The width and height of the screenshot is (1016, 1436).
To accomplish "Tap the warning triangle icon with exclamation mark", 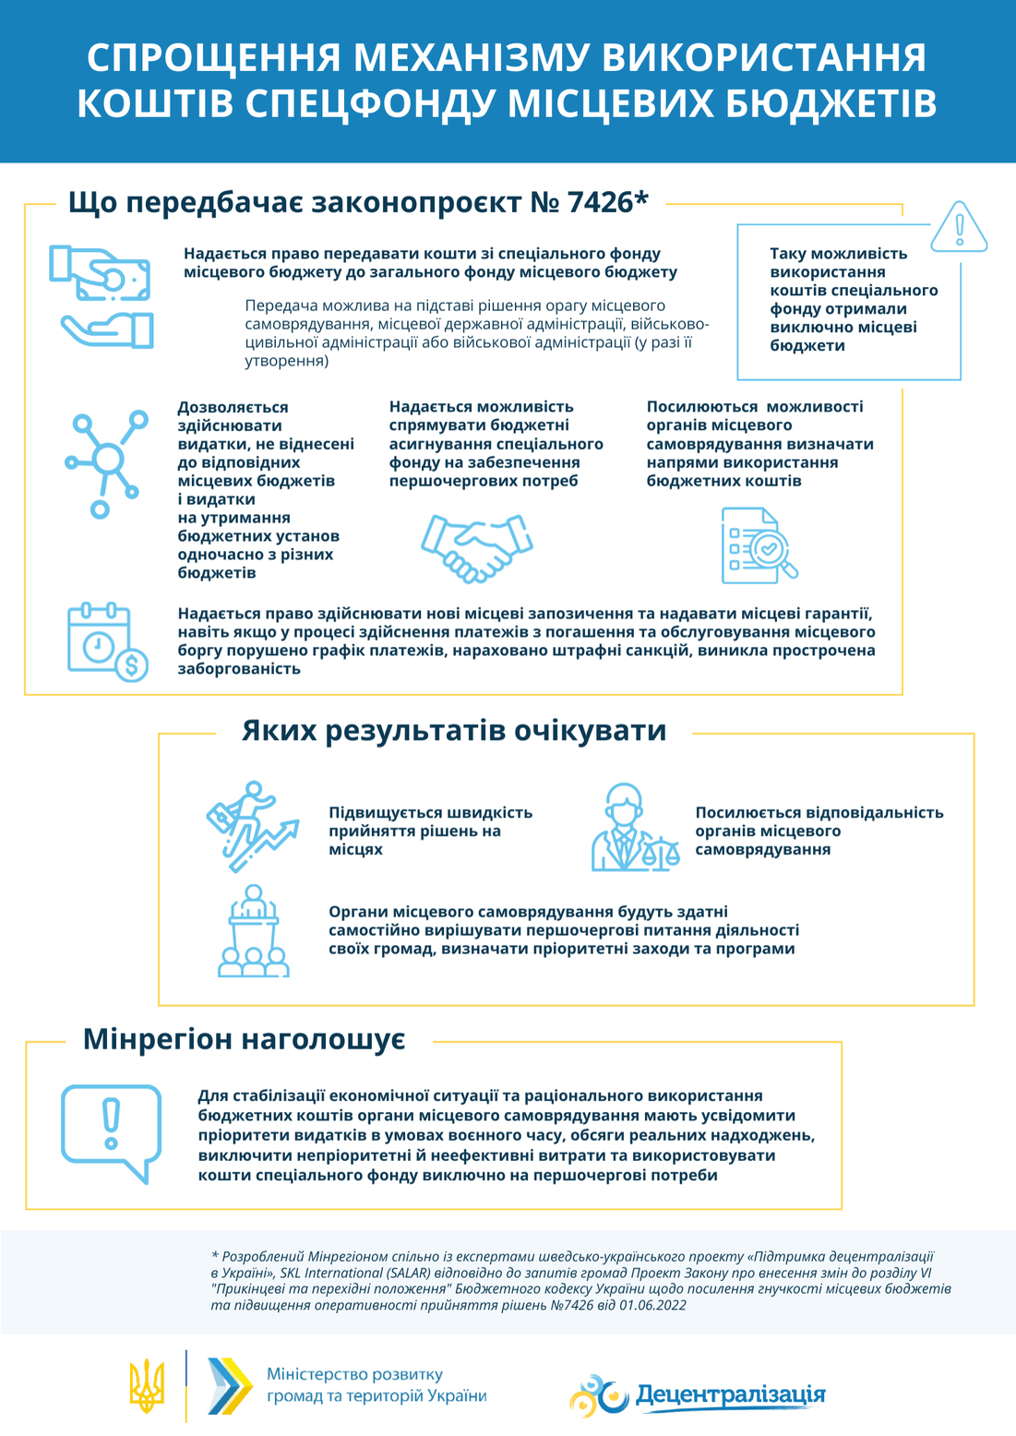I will tap(959, 227).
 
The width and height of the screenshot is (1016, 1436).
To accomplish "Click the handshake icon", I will tap(476, 548).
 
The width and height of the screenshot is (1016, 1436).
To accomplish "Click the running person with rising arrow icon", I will tap(251, 827).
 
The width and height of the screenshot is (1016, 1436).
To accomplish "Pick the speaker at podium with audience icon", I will tap(253, 931).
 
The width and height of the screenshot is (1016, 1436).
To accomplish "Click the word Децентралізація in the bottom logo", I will tap(730, 1394).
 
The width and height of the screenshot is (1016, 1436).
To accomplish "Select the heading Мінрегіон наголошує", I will tap(245, 1039).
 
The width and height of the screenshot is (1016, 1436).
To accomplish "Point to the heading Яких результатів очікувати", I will tap(454, 731).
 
